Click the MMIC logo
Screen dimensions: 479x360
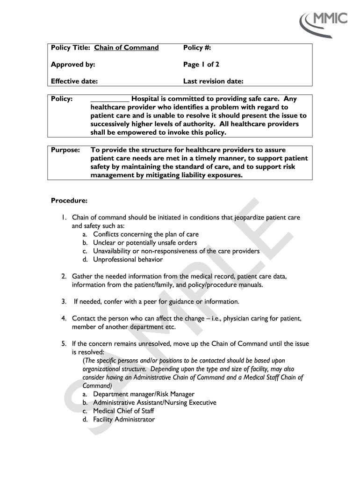pos(324,22)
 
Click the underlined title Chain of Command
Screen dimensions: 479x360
pos(126,48)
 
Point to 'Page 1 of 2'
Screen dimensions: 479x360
pos(201,65)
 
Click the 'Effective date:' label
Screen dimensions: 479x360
pos(74,81)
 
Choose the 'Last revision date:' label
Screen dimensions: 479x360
pos(213,81)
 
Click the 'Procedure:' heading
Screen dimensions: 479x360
pos(69,201)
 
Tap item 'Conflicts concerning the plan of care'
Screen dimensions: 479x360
pos(145,234)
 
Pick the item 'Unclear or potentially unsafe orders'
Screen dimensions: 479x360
pos(145,243)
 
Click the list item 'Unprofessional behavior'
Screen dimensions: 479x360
pos(128,260)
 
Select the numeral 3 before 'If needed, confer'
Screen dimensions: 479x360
pos(63,302)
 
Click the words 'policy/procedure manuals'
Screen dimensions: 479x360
pos(222,285)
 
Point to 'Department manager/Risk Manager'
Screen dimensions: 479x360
pos(144,394)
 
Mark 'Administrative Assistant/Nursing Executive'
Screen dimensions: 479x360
pos(154,403)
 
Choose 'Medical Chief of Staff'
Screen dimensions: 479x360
pos(123,411)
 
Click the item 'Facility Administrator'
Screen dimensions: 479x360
pos(123,420)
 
